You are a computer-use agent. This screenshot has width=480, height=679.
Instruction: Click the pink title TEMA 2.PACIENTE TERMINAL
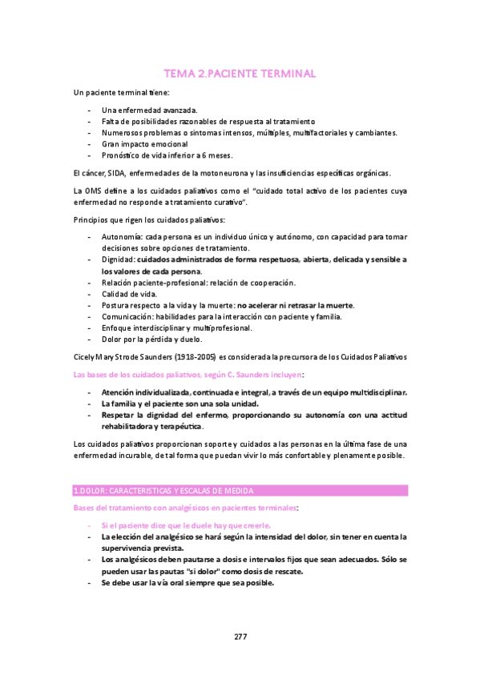point(240,74)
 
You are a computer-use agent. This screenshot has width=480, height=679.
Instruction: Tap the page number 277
point(240,637)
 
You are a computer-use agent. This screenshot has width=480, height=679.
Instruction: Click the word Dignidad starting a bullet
point(118,260)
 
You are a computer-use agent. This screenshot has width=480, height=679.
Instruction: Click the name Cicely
point(84,355)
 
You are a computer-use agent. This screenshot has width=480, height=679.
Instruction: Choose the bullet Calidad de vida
point(129,294)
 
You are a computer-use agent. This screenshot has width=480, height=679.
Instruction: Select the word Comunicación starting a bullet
point(127,317)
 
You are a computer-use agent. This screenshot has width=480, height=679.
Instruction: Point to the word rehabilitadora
point(130,427)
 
